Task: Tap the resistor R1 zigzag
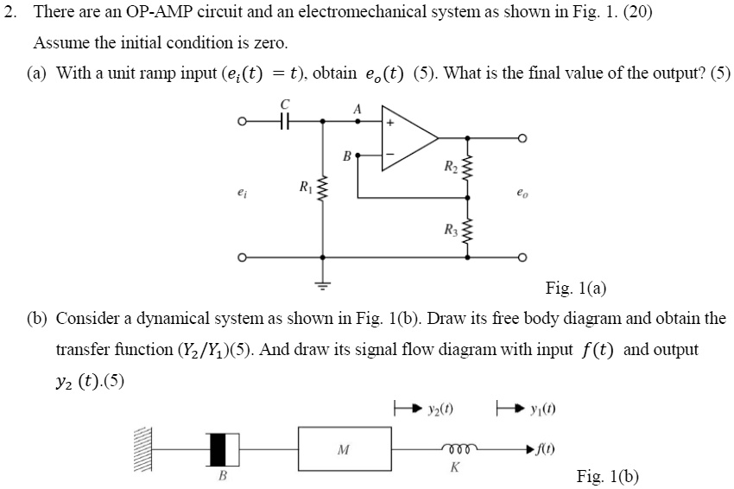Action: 323,187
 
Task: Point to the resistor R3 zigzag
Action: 467,230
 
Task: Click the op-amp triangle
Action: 407,137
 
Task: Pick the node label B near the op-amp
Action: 346,156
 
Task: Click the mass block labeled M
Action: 343,448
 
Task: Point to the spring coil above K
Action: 454,449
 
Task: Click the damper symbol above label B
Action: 223,449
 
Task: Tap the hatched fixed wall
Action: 144,449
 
